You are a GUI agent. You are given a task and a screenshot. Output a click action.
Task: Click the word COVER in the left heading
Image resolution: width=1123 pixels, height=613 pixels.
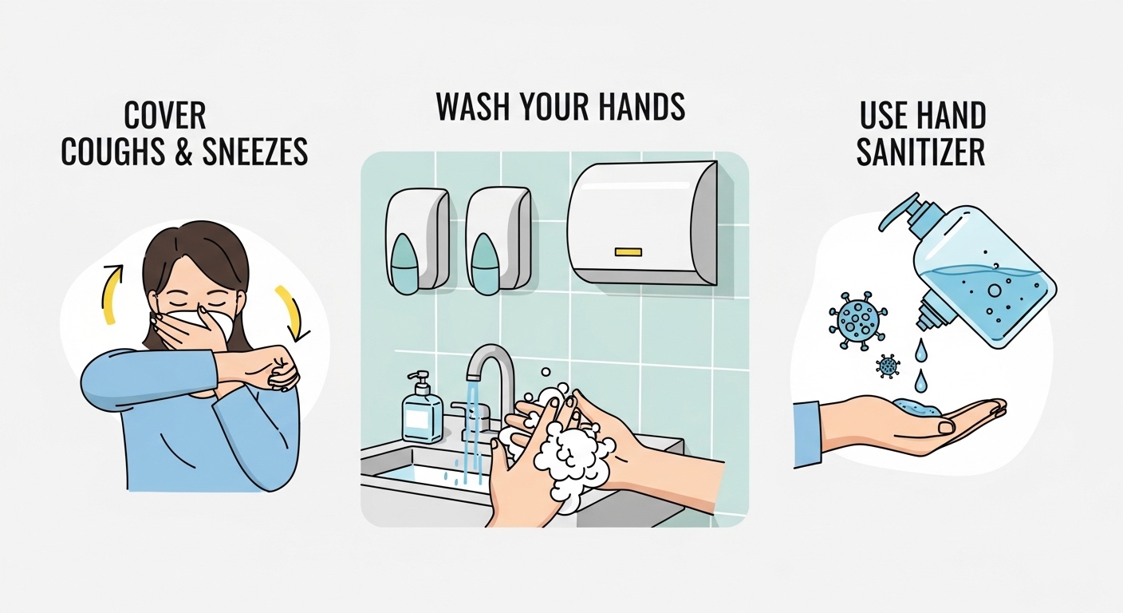coord(166,116)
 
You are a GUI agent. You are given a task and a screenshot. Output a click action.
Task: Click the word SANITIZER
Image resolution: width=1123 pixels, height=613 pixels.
coord(920,152)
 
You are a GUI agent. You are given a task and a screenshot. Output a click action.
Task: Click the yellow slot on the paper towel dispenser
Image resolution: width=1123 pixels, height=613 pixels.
coord(628,252)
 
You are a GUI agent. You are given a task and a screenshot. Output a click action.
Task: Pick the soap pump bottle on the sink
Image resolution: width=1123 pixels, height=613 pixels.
coord(422,410)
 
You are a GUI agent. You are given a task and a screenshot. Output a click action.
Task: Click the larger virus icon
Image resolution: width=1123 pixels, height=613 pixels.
coord(853,318)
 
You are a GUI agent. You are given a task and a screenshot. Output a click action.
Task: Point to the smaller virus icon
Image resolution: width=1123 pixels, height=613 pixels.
coord(887,366)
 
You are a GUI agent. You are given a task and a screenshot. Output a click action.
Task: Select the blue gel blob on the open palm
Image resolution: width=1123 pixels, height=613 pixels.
coord(915,407)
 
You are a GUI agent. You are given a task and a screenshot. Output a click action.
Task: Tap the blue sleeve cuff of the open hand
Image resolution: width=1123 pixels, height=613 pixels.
coord(807,433)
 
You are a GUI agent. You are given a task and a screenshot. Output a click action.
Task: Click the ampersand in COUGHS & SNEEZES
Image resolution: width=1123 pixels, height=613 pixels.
coord(183,152)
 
